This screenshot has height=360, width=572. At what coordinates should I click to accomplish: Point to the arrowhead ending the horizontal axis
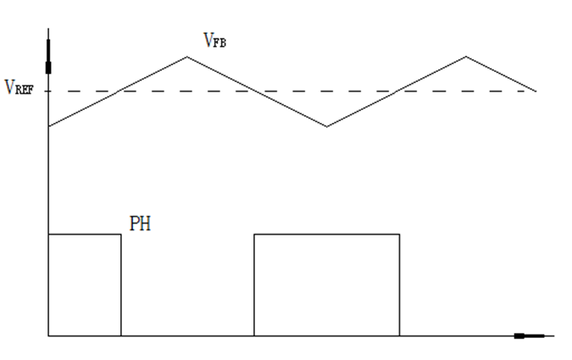tap(530, 336)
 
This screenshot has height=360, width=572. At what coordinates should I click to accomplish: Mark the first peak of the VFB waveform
tap(187, 57)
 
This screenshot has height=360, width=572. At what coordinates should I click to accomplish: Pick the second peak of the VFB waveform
tap(465, 57)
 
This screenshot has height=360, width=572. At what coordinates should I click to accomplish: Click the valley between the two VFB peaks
tap(327, 127)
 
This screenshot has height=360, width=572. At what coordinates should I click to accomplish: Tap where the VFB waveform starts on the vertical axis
tap(49, 127)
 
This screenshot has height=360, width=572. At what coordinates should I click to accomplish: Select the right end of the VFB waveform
tap(536, 91)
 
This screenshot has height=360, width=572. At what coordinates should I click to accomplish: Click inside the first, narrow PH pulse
tap(85, 285)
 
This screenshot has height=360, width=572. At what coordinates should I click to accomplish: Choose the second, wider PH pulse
tap(326, 285)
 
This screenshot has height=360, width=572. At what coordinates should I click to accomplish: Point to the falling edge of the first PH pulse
tap(121, 285)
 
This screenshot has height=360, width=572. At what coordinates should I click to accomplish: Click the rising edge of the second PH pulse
tap(255, 285)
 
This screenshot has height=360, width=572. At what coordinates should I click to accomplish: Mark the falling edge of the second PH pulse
tap(399, 285)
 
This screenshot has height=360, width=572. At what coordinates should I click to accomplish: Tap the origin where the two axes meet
tap(49, 336)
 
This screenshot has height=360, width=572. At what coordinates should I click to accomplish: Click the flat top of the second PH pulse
tap(326, 234)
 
